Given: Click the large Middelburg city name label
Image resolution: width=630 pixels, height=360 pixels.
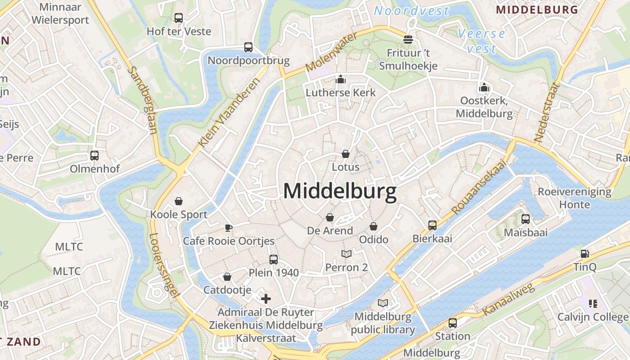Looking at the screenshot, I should (340, 191).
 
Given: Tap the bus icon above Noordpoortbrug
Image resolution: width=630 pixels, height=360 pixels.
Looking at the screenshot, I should (248, 47).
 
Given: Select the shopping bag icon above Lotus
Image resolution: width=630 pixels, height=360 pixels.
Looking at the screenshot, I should (346, 154).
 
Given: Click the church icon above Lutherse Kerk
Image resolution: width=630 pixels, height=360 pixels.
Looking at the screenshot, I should (341, 80).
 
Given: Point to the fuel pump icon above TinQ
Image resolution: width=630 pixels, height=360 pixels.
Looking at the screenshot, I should (585, 254).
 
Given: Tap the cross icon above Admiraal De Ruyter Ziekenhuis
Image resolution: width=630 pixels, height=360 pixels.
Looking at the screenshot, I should (266, 298).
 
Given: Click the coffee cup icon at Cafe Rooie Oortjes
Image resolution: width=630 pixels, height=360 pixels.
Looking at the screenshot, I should (229, 227).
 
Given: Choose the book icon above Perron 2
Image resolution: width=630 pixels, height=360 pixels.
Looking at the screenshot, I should (346, 254).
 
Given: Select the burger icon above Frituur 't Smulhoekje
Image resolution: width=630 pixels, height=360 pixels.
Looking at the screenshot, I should (408, 40).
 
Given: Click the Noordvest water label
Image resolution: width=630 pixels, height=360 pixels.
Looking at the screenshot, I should (411, 11).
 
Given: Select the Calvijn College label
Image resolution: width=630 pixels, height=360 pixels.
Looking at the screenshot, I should (593, 317).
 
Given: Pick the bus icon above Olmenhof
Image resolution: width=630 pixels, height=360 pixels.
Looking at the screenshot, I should (94, 156).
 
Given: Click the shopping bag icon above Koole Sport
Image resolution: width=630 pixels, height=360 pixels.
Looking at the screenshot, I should (179, 201).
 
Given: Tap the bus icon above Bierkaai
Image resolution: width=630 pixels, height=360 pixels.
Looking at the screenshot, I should (432, 225).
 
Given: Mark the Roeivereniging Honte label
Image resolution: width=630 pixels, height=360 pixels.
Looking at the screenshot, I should (575, 198).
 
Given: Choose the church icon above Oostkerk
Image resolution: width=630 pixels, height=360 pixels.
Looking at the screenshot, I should (484, 87).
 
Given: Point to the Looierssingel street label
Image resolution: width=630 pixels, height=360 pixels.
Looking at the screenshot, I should (162, 265).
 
